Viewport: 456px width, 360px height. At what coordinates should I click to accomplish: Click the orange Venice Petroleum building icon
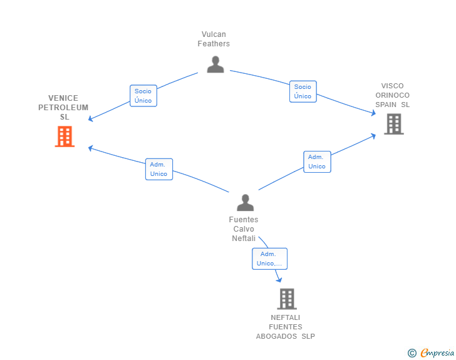pos(65,136)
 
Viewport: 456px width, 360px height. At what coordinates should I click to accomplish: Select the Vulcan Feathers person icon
pos(215,64)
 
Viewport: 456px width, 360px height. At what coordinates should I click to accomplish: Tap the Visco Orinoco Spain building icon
pos(393,124)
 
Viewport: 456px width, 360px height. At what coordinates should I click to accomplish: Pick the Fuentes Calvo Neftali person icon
pos(245,202)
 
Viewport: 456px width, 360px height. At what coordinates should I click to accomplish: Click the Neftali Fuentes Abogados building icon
pos(286,299)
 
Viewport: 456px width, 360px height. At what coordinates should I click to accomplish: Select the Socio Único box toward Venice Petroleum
pos(143,96)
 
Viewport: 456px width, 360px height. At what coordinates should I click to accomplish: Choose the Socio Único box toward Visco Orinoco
pos(303,91)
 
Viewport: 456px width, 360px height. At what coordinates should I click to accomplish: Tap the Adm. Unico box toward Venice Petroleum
pos(158,169)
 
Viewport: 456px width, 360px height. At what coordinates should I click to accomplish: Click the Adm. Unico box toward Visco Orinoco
pos(317,162)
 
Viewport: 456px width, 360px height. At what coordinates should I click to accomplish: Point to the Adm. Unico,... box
pos(269,259)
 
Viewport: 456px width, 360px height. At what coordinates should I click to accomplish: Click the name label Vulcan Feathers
pos(214,39)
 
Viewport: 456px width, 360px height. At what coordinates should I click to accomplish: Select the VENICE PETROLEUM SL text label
pos(63,108)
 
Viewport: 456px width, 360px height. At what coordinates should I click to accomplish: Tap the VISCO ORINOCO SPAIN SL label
pos(393,95)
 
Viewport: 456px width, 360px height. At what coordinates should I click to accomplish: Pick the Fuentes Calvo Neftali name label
pos(244,229)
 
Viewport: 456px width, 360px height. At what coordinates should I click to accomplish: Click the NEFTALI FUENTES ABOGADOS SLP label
pos(286,327)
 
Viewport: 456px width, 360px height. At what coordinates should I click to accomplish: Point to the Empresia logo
pos(437,353)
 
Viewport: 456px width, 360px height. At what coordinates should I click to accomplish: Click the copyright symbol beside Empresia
pos(412,353)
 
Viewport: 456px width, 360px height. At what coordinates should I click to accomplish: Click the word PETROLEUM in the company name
pos(63,108)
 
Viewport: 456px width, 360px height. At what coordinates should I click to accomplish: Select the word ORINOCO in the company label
pos(393,95)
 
